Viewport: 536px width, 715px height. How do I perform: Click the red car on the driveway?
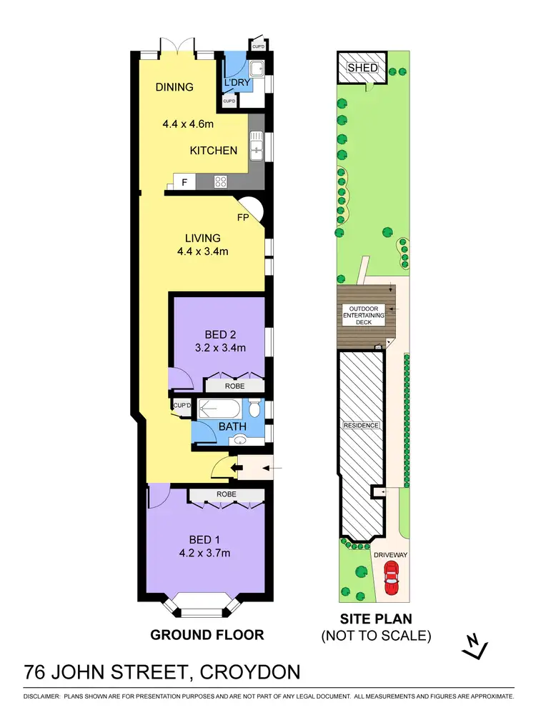point(390,577)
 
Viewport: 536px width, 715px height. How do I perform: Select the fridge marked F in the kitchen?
point(184,183)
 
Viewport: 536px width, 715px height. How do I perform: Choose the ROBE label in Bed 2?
point(234,386)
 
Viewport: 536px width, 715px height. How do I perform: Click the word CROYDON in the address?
point(250,673)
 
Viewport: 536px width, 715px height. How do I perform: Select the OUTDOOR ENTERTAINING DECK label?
point(364,315)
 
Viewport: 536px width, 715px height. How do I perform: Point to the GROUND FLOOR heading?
point(207,634)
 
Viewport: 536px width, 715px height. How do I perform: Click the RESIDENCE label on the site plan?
point(361,425)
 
